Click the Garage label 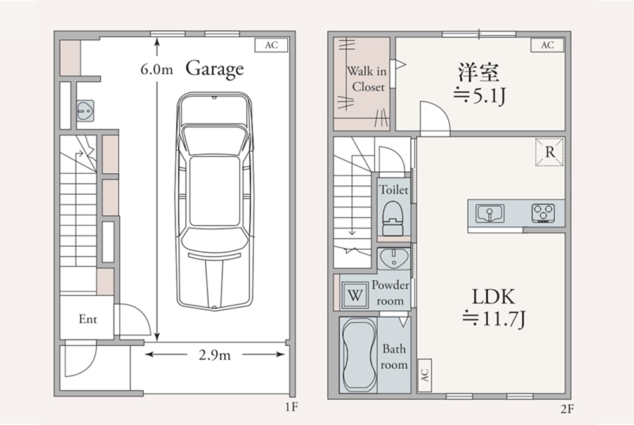214,69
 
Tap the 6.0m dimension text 157,70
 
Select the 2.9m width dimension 214,355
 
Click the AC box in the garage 271,45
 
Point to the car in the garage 214,201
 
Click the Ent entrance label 87,319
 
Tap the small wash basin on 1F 86,110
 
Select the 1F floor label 291,407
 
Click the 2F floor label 567,409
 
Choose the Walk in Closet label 366,79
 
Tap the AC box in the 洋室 547,45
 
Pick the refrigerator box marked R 550,152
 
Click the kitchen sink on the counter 490,213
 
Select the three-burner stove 543,213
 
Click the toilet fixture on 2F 392,218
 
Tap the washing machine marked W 355,295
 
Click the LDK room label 494,297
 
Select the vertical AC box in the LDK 424,376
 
